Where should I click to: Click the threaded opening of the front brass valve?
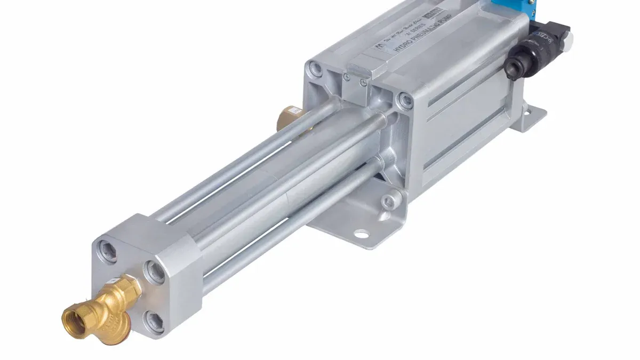[x=73, y=319]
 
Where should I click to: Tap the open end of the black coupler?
[x=514, y=67]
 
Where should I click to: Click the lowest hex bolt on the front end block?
[x=154, y=322]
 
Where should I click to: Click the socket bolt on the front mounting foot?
[x=391, y=201]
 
